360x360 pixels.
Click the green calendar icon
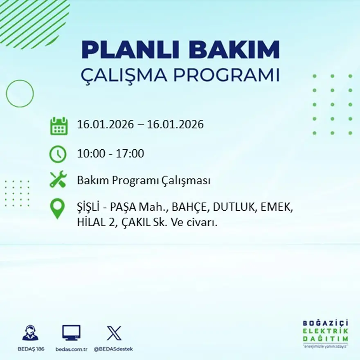pos(59,126)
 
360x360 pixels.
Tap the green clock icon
pos(58,154)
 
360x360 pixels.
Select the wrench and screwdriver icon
pos(58,180)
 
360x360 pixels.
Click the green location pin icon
pos(57,208)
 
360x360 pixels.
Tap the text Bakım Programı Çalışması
pos(144,180)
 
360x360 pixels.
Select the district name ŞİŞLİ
pos(88,207)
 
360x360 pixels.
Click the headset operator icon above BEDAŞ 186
pos(30,333)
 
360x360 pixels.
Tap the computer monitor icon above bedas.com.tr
pos(71,333)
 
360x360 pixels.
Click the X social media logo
pos(114,333)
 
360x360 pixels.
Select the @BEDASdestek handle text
pos(113,349)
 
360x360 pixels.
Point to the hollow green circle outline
pos(20,94)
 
